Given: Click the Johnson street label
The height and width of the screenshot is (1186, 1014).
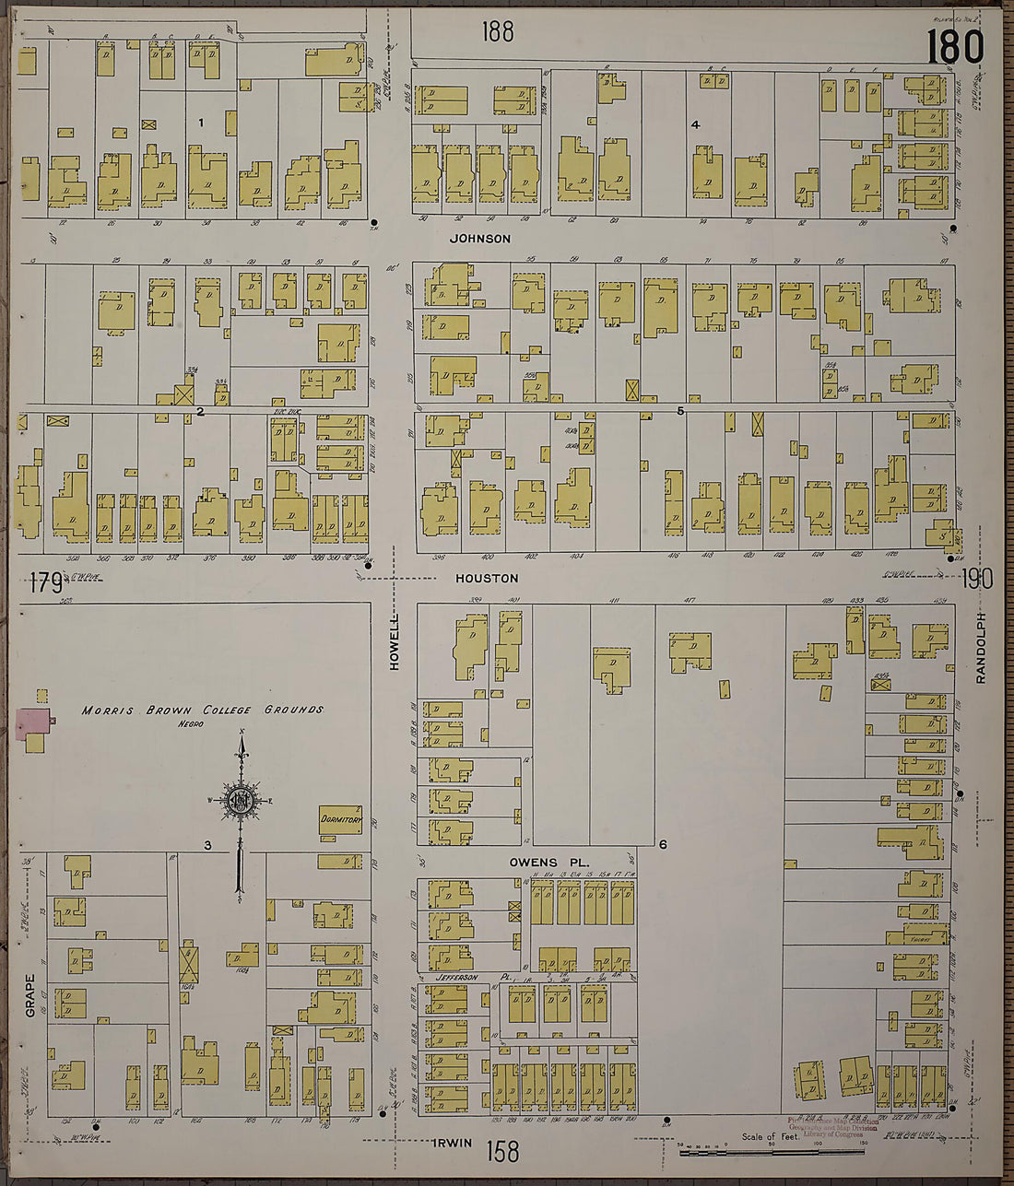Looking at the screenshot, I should click(479, 239).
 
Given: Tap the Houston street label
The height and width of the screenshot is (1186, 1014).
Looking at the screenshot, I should click(487, 579).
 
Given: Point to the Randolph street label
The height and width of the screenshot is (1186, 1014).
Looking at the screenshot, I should click(982, 648).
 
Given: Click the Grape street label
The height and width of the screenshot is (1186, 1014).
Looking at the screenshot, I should click(30, 995).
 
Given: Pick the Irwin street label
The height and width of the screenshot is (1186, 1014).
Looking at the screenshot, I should click(452, 1144).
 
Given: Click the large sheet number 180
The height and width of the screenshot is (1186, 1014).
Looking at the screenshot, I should click(955, 46).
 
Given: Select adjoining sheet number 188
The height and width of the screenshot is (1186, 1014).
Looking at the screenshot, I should click(497, 32).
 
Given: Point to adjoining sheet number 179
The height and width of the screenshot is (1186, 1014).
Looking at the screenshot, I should click(43, 582).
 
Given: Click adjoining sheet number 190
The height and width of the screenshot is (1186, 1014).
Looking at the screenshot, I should click(976, 579).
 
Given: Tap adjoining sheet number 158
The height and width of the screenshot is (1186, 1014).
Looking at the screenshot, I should click(503, 1151).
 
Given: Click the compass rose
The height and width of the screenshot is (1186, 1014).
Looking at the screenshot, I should click(242, 800).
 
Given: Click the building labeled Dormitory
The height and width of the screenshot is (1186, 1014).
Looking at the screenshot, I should click(340, 819).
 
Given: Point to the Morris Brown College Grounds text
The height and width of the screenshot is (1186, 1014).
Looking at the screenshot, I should click(203, 710).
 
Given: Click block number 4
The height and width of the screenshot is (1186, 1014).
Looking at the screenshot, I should click(695, 124).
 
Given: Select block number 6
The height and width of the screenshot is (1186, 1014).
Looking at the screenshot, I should click(662, 843).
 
